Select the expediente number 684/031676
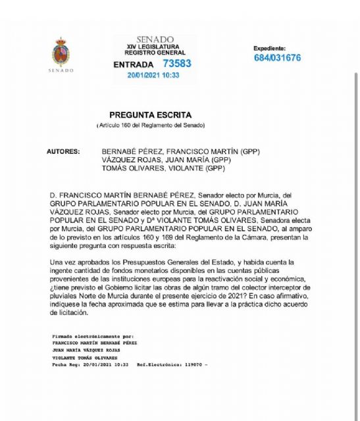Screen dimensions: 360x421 [277, 58]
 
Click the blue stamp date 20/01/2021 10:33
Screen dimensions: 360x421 [153, 76]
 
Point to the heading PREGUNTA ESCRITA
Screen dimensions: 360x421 [151, 113]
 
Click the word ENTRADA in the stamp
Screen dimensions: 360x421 [134, 64]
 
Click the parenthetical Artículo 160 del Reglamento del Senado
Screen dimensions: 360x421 [151, 125]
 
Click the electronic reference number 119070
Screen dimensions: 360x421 [186, 364]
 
